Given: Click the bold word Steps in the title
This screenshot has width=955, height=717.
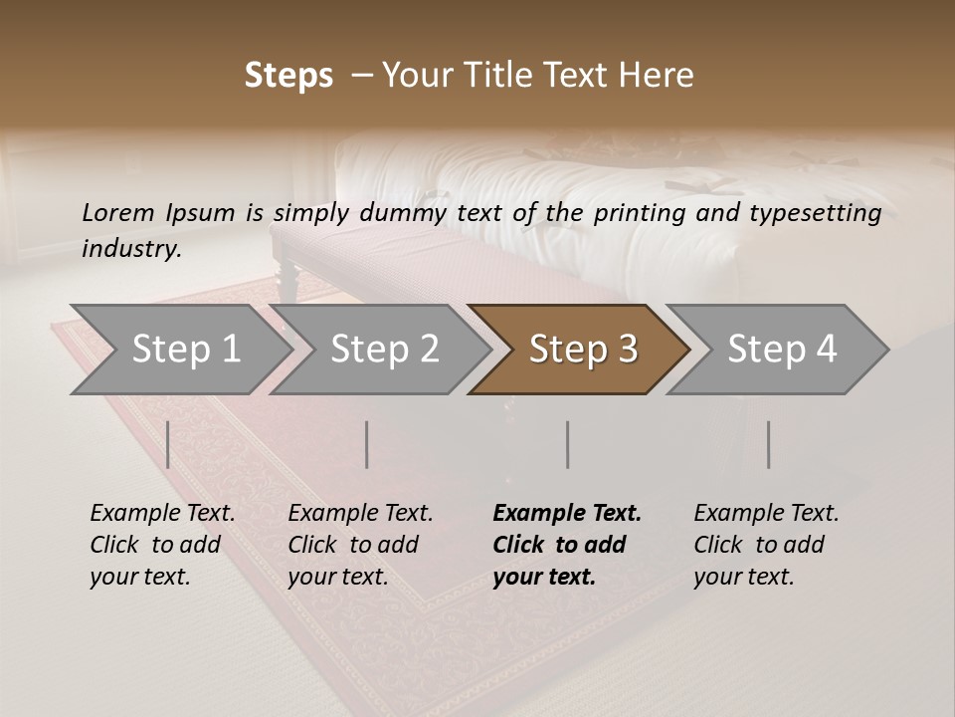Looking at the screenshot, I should (x=288, y=76).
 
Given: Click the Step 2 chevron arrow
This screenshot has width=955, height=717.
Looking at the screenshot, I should (x=383, y=350).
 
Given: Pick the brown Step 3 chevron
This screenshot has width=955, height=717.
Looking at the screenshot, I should (x=582, y=350).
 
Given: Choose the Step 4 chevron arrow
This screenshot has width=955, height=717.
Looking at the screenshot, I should (x=781, y=350).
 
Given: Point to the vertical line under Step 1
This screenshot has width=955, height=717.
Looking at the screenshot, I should (x=168, y=444).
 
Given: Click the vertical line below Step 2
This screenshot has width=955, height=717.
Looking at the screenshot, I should (x=367, y=444).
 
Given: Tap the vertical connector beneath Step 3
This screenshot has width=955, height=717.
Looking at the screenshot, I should (x=568, y=444).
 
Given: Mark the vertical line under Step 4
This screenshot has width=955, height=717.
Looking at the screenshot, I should (x=769, y=444).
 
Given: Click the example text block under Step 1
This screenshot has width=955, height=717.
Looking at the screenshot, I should (x=162, y=545).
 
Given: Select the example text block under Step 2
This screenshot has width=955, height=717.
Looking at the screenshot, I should (x=360, y=545).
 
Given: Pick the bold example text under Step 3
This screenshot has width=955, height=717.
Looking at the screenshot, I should (x=567, y=545).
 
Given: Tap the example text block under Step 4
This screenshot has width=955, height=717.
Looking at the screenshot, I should (x=766, y=545).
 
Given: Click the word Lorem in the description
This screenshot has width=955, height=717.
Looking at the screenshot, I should (x=118, y=213).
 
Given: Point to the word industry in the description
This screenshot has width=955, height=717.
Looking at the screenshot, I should (x=131, y=249).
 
